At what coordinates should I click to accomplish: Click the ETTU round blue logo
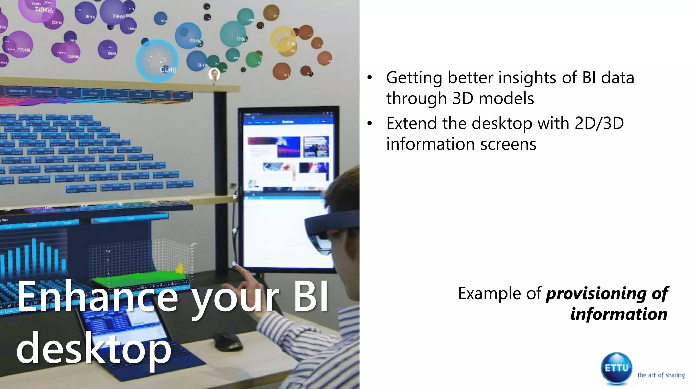click(x=616, y=368)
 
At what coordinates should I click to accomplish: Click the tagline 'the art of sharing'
click(x=661, y=375)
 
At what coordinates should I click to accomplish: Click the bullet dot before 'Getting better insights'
click(x=370, y=78)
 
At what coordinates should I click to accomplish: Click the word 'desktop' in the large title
click(x=94, y=348)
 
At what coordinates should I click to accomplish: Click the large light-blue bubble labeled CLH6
click(x=157, y=60)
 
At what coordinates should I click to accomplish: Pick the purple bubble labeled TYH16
click(x=19, y=45)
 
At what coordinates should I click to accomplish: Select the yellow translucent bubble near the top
click(x=283, y=41)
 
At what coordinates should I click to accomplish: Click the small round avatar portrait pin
click(x=214, y=74)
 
